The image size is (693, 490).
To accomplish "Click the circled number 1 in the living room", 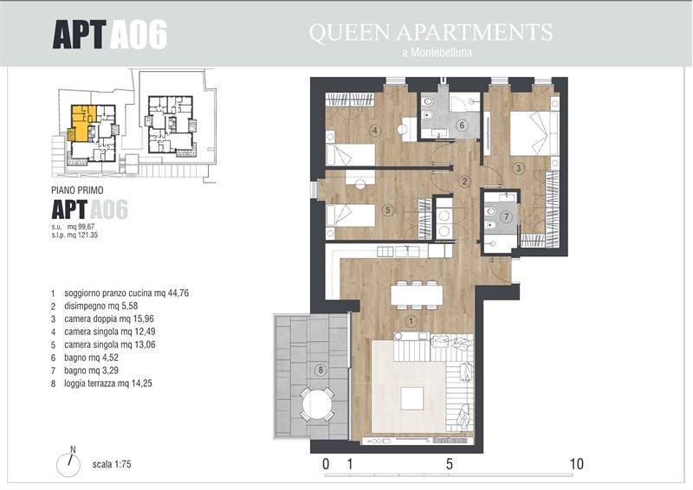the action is [x=411, y=321].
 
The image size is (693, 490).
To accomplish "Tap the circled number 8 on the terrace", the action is [x=321, y=370].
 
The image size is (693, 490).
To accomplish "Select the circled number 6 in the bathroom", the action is [x=462, y=126].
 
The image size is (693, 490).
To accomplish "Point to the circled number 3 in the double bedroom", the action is [x=518, y=168].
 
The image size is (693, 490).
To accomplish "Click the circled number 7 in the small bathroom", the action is [x=507, y=216].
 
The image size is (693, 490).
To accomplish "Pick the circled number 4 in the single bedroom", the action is [x=375, y=131].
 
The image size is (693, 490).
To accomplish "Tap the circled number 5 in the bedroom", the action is [x=387, y=210].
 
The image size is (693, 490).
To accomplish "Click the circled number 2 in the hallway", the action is [x=464, y=181].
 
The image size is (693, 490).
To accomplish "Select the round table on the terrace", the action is [x=317, y=404].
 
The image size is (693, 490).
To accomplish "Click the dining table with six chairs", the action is [x=417, y=294].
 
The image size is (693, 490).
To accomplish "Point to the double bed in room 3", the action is [x=534, y=133].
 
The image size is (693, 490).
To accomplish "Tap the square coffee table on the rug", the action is [x=412, y=398].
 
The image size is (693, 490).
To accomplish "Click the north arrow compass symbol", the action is [x=68, y=465].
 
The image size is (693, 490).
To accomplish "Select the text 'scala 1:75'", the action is [x=112, y=464].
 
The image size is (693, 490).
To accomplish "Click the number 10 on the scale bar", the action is [x=577, y=464].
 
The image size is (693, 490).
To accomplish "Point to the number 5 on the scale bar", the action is [x=449, y=464].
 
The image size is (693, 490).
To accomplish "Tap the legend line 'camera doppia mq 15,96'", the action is [x=109, y=319].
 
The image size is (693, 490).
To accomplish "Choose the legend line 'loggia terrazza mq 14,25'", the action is [x=107, y=384].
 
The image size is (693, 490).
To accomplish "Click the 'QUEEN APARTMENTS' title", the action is [x=431, y=32].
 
